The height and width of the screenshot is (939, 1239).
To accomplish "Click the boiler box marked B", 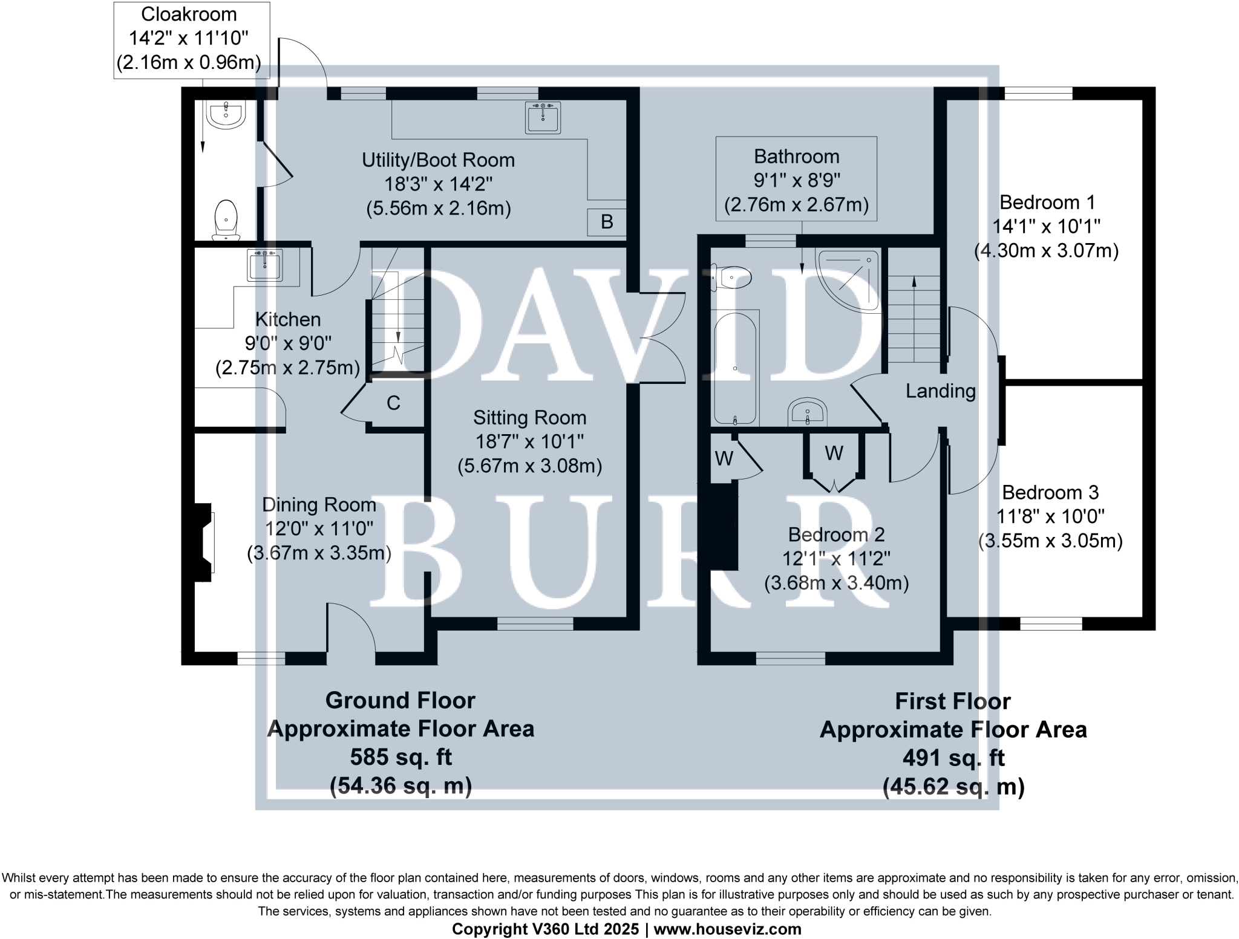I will click(x=606, y=222).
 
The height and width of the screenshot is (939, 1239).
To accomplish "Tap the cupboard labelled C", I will click(x=393, y=403).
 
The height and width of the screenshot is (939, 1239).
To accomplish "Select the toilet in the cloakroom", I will click(x=226, y=219).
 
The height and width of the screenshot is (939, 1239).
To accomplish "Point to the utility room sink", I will click(x=543, y=118).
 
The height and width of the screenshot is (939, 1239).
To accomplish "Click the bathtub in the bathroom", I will click(x=734, y=368).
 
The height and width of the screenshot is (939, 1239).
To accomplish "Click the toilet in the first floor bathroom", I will click(x=732, y=278).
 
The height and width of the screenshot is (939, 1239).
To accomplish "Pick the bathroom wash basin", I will click(x=808, y=412).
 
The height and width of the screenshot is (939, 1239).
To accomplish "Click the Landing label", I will click(x=940, y=391).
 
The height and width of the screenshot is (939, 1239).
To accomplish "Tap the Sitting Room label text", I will click(x=529, y=418).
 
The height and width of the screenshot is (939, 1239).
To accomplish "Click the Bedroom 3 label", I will click(x=1050, y=492).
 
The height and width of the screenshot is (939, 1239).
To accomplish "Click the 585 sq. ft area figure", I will click(x=400, y=757).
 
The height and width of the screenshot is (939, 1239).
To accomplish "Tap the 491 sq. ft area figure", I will click(x=953, y=758).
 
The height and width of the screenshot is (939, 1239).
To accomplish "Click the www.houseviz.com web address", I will click(x=727, y=929).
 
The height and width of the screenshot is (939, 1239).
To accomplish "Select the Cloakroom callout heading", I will click(x=189, y=14).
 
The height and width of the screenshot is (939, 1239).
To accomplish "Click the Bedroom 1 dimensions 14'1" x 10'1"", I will click(x=1046, y=226).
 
